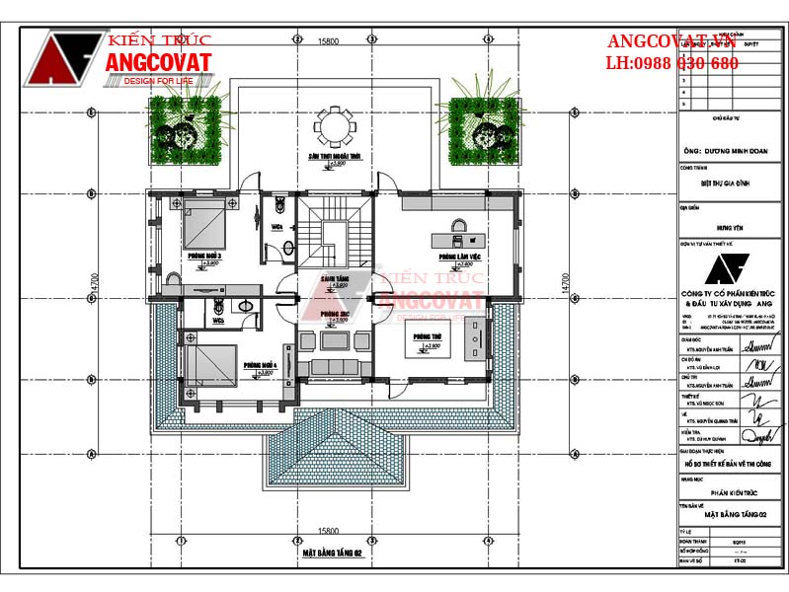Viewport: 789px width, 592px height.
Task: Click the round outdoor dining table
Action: (x=333, y=126)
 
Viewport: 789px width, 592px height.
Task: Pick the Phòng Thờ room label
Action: (x=427, y=336)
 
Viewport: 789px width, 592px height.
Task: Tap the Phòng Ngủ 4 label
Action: (x=261, y=363)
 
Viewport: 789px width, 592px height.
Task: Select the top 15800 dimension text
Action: (x=329, y=40)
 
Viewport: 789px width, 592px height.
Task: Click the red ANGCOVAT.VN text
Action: (x=671, y=41)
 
